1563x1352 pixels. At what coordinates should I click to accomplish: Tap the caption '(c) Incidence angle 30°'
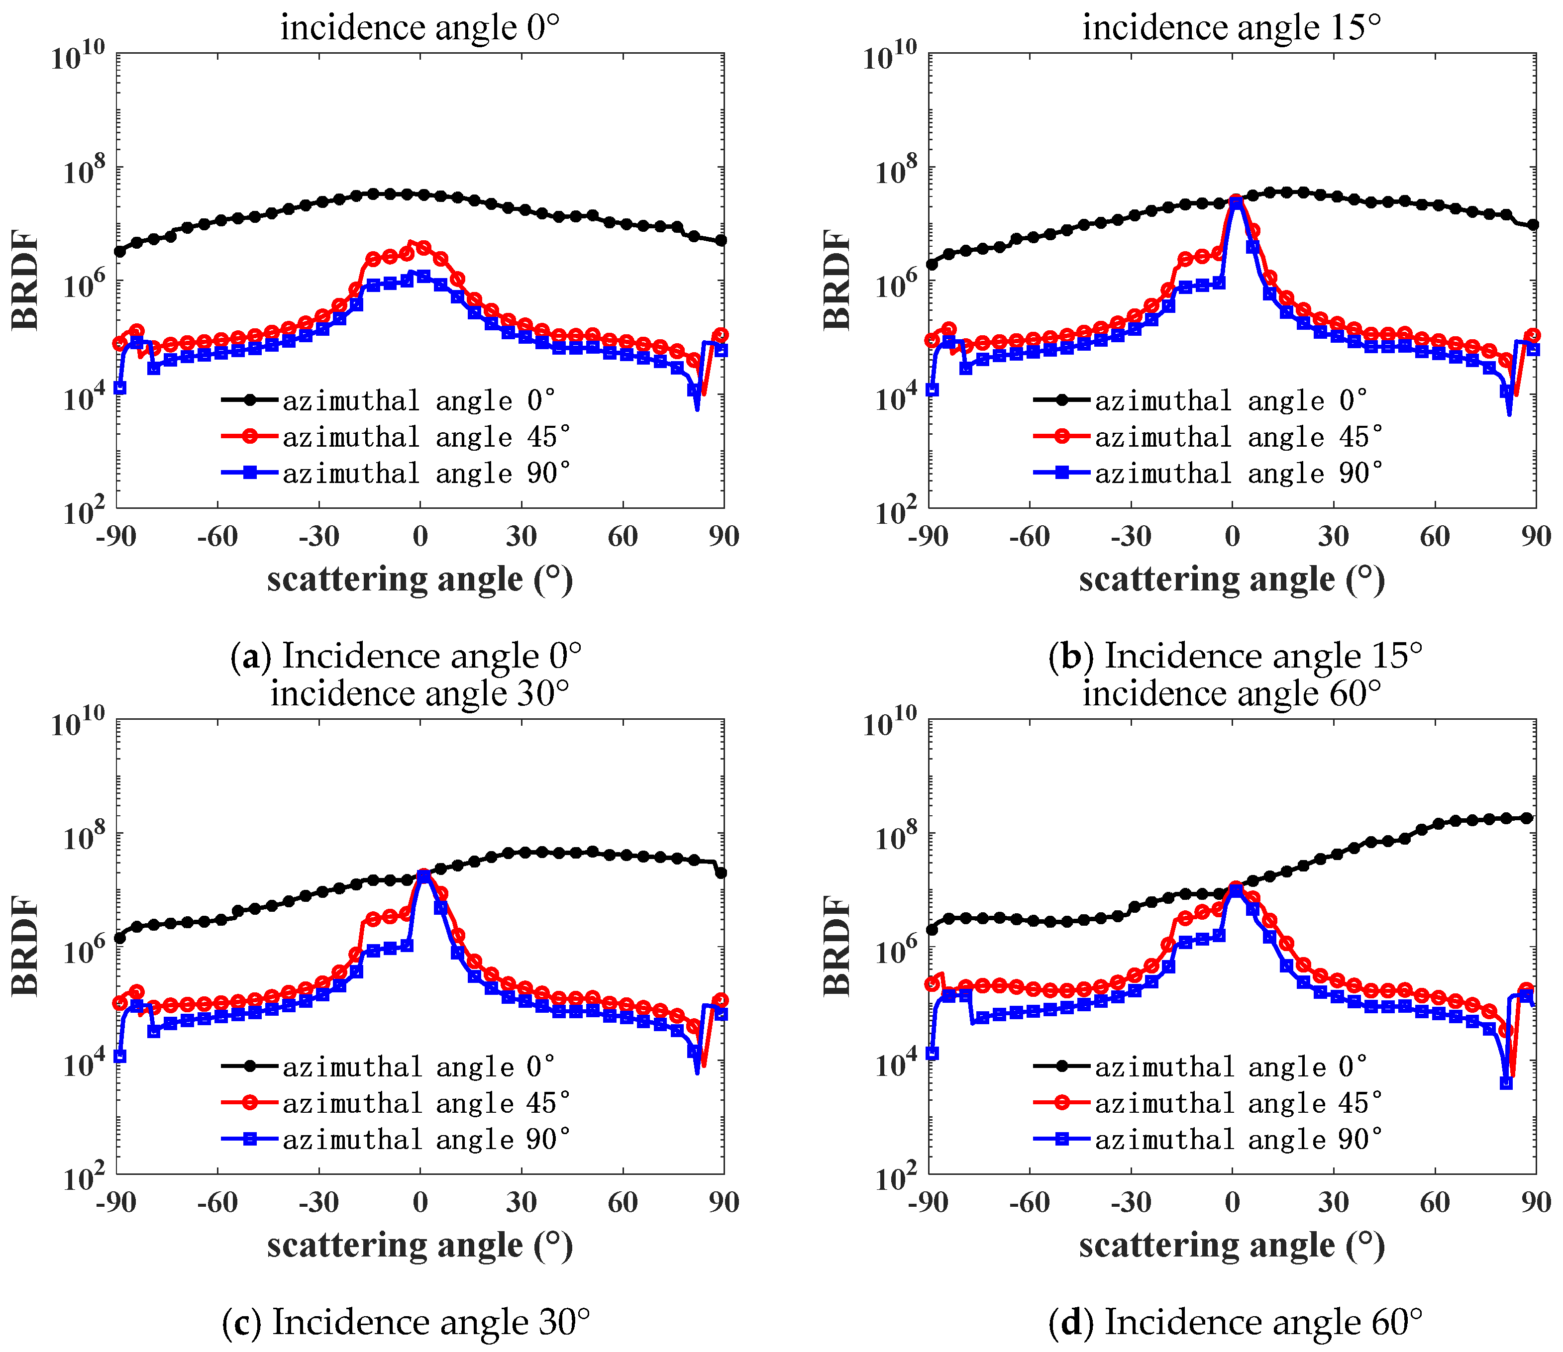[x=406, y=1321]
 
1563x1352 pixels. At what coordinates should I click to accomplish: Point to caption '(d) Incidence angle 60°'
[x=1235, y=1321]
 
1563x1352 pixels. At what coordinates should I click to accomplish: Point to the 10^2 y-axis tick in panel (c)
[x=83, y=1178]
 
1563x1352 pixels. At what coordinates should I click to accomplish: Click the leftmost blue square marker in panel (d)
[x=932, y=1053]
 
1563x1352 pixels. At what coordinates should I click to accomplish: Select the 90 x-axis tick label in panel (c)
[x=723, y=1202]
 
